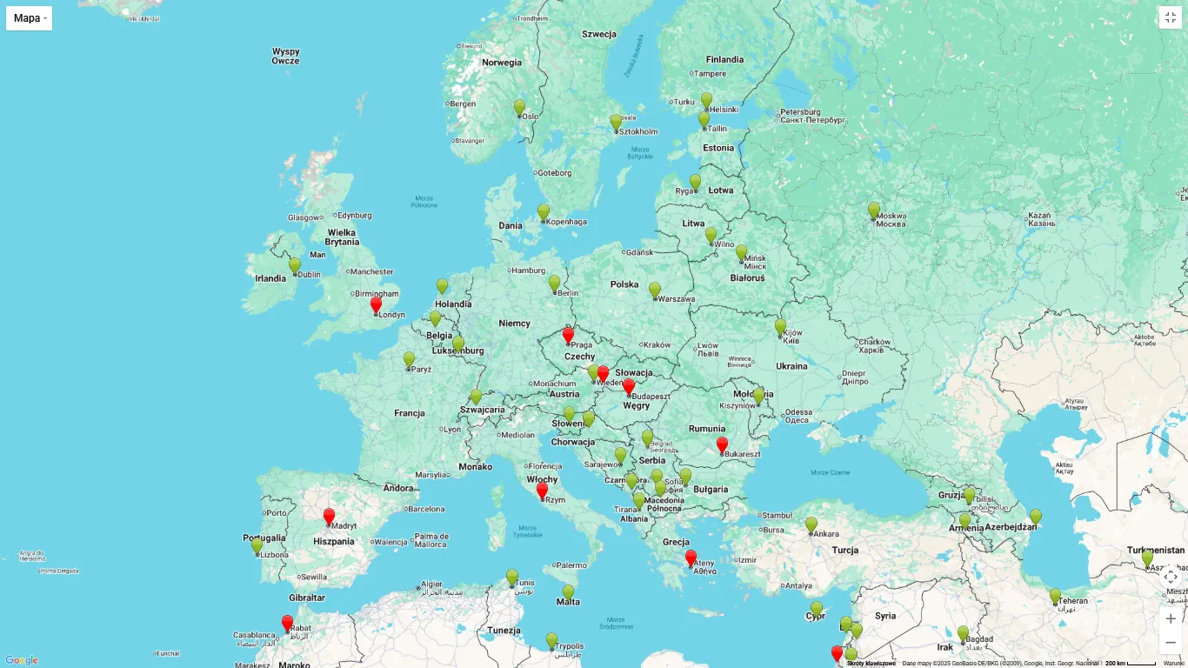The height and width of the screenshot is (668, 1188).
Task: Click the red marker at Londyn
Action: click(376, 304)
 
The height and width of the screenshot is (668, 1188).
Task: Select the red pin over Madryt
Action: click(329, 517)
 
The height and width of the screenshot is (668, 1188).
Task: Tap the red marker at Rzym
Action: click(542, 491)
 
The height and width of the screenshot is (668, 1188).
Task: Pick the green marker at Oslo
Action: click(519, 107)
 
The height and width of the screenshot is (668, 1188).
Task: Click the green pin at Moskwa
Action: click(873, 210)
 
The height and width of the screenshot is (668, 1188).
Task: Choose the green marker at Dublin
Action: click(294, 265)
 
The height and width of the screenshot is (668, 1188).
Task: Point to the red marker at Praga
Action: click(568, 335)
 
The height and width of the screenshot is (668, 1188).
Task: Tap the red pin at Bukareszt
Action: click(722, 444)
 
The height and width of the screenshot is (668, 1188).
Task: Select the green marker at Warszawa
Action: click(654, 290)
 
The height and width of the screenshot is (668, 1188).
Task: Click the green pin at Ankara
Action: click(811, 524)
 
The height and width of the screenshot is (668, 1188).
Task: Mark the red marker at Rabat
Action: click(287, 623)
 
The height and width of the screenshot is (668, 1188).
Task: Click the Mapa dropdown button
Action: click(29, 17)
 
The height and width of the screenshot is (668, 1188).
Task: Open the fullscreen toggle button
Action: click(1170, 17)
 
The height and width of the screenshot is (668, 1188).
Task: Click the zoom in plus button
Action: click(1170, 618)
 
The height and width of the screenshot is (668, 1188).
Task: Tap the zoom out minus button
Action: click(1170, 643)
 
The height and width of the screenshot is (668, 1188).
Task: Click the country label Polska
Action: click(624, 284)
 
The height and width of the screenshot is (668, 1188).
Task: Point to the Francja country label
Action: click(409, 413)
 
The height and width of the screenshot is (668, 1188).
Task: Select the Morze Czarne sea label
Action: click(830, 472)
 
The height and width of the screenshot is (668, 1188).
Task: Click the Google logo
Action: click(21, 660)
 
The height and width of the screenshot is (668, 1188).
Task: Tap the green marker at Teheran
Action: click(1055, 596)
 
